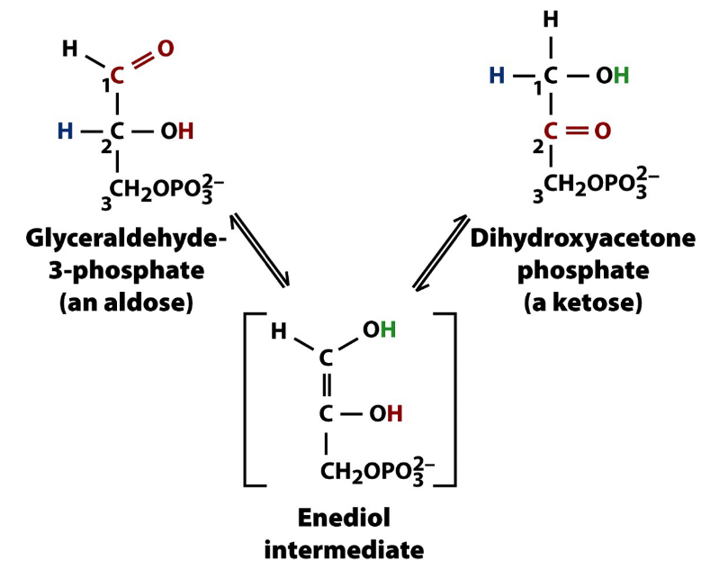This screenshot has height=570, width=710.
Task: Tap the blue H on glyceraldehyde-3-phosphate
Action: (65, 131)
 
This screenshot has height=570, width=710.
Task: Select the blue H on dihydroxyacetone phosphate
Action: (497, 76)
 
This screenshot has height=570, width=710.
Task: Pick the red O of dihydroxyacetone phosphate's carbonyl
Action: (602, 131)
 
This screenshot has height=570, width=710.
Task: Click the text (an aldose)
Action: (126, 302)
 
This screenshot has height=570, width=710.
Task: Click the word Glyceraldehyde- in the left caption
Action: (127, 242)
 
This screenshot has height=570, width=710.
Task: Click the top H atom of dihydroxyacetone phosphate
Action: (551, 19)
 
